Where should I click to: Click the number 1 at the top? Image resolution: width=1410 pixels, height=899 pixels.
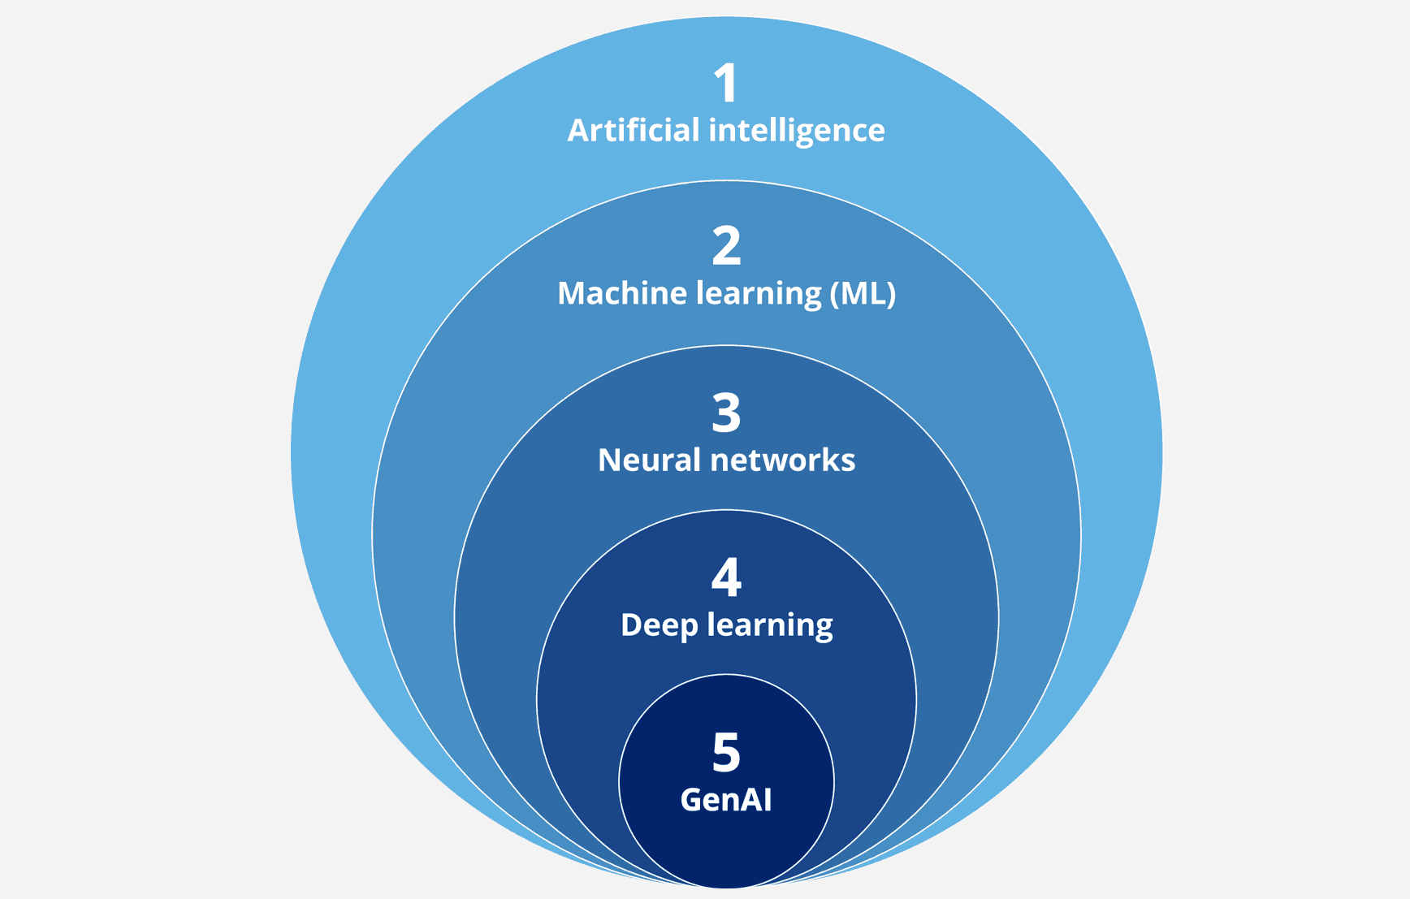(x=725, y=83)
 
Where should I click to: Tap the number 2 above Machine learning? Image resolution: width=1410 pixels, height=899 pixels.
(x=726, y=246)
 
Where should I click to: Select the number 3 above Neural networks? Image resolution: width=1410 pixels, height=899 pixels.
(x=726, y=413)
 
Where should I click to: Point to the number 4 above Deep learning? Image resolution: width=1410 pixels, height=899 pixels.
(x=726, y=577)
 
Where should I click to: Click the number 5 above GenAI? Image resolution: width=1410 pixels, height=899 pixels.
(x=726, y=752)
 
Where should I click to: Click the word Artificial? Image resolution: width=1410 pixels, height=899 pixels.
(x=634, y=130)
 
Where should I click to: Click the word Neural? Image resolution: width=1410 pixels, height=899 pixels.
(x=649, y=460)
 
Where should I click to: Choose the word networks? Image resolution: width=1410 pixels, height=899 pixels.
(x=782, y=460)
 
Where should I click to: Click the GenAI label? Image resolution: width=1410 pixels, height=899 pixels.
(x=726, y=800)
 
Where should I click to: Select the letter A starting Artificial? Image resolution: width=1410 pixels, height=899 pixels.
(x=578, y=131)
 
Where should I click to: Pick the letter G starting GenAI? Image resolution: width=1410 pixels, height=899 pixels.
(x=692, y=800)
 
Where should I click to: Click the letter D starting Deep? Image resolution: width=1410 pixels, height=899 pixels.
(x=633, y=625)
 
